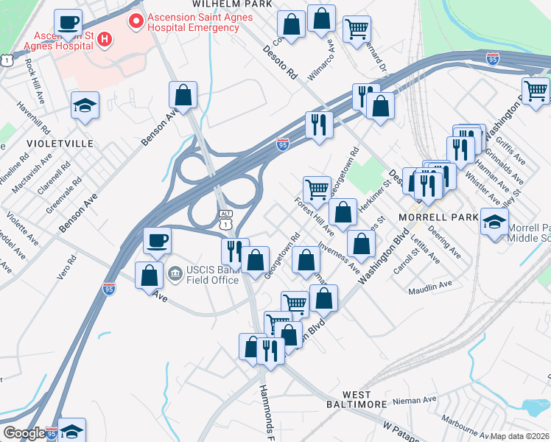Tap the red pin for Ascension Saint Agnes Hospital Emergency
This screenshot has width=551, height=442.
tap(136, 21)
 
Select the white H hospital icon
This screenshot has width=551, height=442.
tap(105, 38)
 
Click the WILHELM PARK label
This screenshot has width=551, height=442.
tap(228, 4)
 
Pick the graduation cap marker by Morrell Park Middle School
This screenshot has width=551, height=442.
tap(494, 220)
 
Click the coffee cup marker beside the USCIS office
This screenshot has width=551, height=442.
tap(156, 239)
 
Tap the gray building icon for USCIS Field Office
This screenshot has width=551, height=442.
tap(175, 274)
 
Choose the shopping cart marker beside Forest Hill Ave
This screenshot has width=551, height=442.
tap(317, 189)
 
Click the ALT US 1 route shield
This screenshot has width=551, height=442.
tap(225, 216)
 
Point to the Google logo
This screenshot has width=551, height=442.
tap(24, 433)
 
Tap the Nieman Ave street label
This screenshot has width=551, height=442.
tap(415, 401)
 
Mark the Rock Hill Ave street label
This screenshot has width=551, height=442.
tap(32, 75)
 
